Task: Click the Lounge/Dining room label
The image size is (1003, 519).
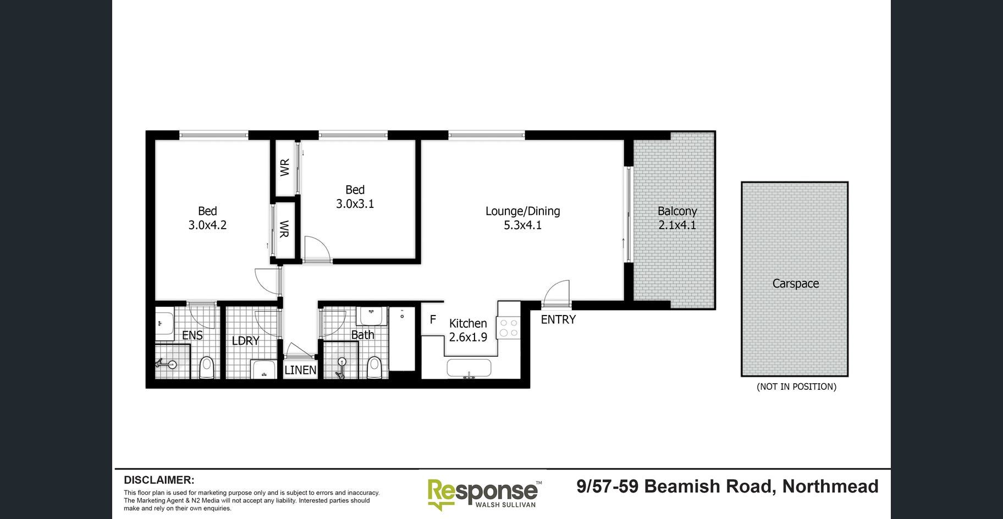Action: tap(522, 211)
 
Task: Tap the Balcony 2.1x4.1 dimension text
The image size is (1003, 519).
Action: tap(677, 225)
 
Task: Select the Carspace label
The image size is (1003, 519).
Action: tap(795, 284)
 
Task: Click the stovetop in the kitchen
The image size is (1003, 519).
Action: tap(508, 328)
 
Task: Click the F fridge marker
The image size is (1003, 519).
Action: tap(433, 319)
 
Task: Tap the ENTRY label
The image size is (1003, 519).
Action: tap(558, 319)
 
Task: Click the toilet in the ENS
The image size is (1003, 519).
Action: tap(206, 367)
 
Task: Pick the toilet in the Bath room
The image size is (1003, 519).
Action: tap(374, 367)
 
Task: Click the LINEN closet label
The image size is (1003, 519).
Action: tap(300, 370)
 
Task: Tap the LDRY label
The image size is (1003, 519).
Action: tap(245, 341)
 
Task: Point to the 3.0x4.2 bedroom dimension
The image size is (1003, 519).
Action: tap(207, 225)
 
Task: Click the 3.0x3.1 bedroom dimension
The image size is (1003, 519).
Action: tap(355, 204)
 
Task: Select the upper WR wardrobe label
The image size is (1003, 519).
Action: tap(284, 167)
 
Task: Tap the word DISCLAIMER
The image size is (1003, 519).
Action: tap(159, 480)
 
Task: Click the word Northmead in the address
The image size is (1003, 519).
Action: tap(830, 487)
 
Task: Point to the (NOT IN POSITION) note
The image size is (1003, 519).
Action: tap(796, 387)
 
